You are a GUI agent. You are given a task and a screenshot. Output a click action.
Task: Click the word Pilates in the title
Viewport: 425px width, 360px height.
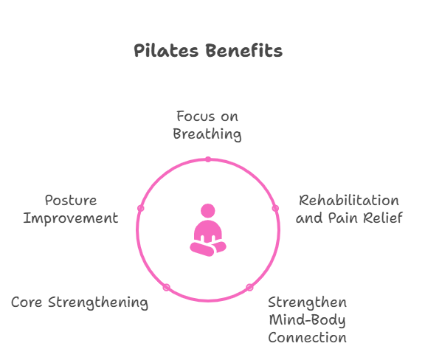[166, 50]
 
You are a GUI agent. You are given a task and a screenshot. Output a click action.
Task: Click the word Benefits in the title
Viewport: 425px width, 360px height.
[244, 50]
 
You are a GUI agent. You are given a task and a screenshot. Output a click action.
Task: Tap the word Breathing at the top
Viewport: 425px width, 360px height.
[207, 134]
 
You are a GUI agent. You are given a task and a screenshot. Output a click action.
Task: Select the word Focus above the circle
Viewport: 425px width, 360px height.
[196, 117]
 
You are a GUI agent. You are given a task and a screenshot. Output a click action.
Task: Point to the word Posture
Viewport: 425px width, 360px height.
[71, 201]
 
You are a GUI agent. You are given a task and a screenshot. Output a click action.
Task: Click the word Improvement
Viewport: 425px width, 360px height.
[71, 218]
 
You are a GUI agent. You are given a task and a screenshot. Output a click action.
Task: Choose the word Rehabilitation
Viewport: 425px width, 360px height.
[349, 201]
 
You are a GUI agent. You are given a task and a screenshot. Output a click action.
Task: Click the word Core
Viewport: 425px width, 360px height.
[27, 302]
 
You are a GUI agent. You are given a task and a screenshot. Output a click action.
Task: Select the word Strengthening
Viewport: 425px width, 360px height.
[98, 302]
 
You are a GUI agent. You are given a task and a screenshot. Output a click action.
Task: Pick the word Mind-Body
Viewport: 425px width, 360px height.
[308, 320]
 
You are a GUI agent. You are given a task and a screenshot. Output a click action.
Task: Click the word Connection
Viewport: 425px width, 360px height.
[308, 338]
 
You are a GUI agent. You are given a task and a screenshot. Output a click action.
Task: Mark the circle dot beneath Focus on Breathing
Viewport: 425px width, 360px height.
[208, 159]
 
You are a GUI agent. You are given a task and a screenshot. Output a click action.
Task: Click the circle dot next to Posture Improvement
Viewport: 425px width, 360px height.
[141, 208]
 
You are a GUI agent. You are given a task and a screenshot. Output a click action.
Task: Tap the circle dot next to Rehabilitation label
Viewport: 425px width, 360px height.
[275, 208]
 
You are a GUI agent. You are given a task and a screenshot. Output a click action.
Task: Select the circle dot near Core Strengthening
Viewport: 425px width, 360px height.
[167, 288]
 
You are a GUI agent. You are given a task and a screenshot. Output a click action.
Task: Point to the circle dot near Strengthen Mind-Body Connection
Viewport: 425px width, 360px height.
[249, 288]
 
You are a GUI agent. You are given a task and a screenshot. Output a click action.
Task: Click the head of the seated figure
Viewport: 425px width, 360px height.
[208, 211]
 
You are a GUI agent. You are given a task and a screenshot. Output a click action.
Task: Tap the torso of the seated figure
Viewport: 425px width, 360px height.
[208, 231]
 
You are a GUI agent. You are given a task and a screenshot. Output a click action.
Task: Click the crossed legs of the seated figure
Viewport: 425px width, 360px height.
[208, 249]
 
